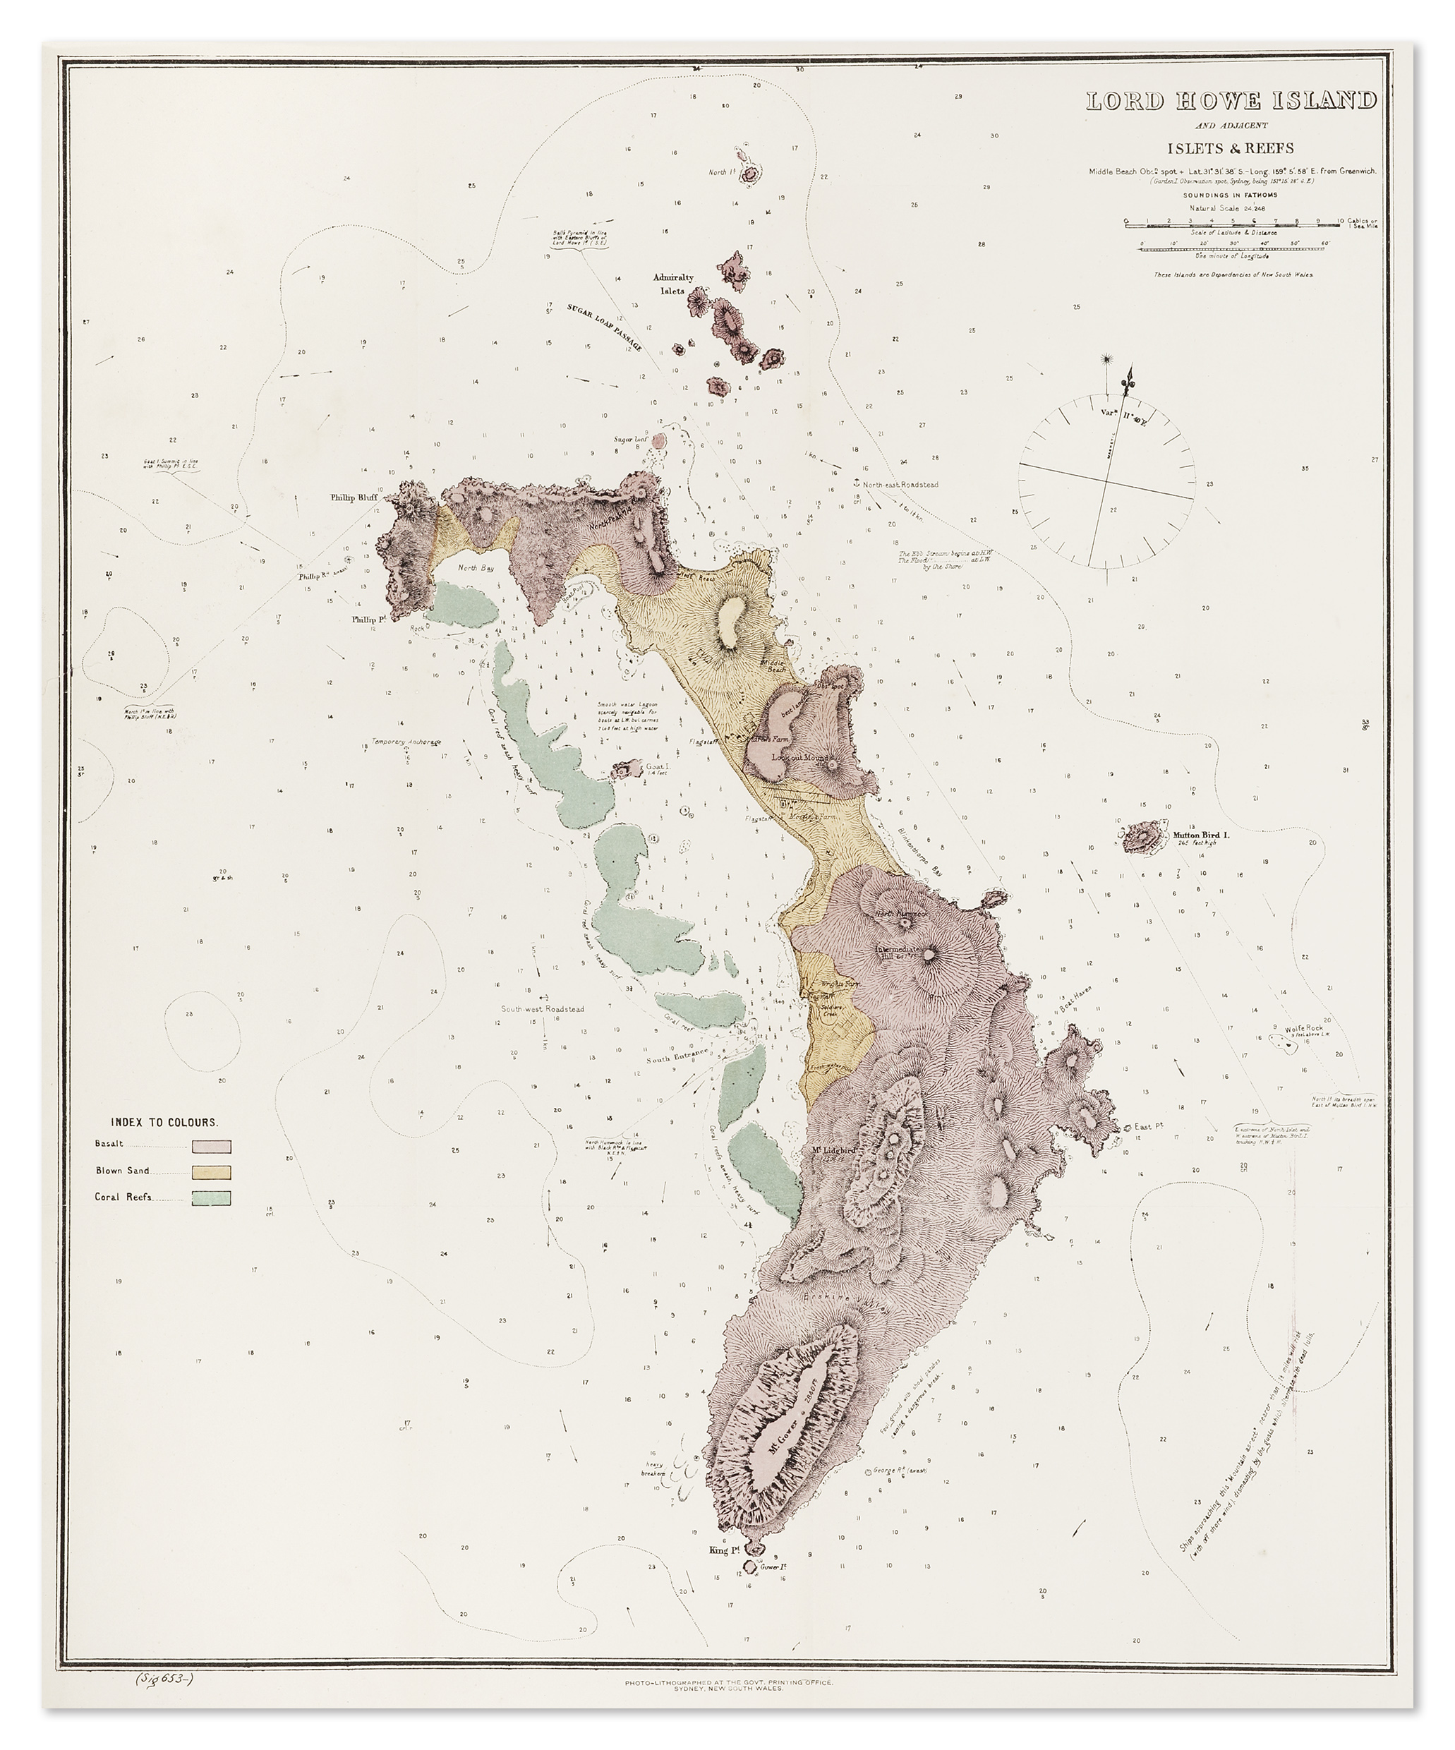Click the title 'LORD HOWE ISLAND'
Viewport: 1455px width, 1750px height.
pyautogui.click(x=1230, y=102)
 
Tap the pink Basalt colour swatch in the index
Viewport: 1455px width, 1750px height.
pyautogui.click(x=212, y=1147)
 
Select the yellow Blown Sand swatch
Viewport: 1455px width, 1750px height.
pyautogui.click(x=212, y=1173)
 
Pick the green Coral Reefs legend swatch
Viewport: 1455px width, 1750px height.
pyautogui.click(x=212, y=1198)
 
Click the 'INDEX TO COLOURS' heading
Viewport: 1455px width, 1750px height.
pyautogui.click(x=164, y=1123)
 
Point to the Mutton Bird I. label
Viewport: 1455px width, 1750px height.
pyautogui.click(x=1201, y=834)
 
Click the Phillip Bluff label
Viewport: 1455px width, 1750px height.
pyautogui.click(x=354, y=497)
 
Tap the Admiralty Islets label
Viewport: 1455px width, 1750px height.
pyautogui.click(x=672, y=284)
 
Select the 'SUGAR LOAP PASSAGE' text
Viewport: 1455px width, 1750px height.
pyautogui.click(x=604, y=327)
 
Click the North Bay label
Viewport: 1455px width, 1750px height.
pyautogui.click(x=476, y=568)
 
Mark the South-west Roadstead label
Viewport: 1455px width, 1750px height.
pyautogui.click(x=542, y=1009)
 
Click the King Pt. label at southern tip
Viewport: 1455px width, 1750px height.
pyautogui.click(x=724, y=1550)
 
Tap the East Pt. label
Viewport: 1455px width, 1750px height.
pyautogui.click(x=1148, y=1127)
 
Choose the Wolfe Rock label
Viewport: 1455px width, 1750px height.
pyautogui.click(x=1303, y=1028)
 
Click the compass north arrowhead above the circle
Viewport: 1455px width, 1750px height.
pyautogui.click(x=1130, y=372)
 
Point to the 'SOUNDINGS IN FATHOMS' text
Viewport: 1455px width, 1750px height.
pyautogui.click(x=1230, y=195)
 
